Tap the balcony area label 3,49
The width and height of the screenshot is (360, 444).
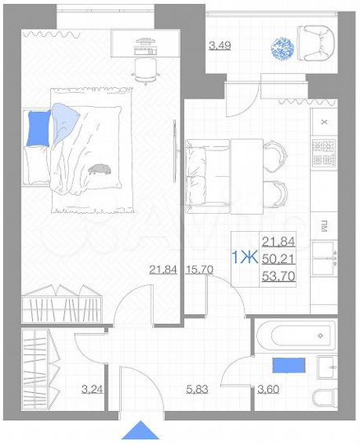[219, 45]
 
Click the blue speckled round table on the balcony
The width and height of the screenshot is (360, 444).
[281, 45]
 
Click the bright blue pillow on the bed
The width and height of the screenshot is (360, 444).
[38, 127]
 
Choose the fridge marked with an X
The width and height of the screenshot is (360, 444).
[324, 120]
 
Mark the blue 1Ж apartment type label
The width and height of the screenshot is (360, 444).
[243, 257]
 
